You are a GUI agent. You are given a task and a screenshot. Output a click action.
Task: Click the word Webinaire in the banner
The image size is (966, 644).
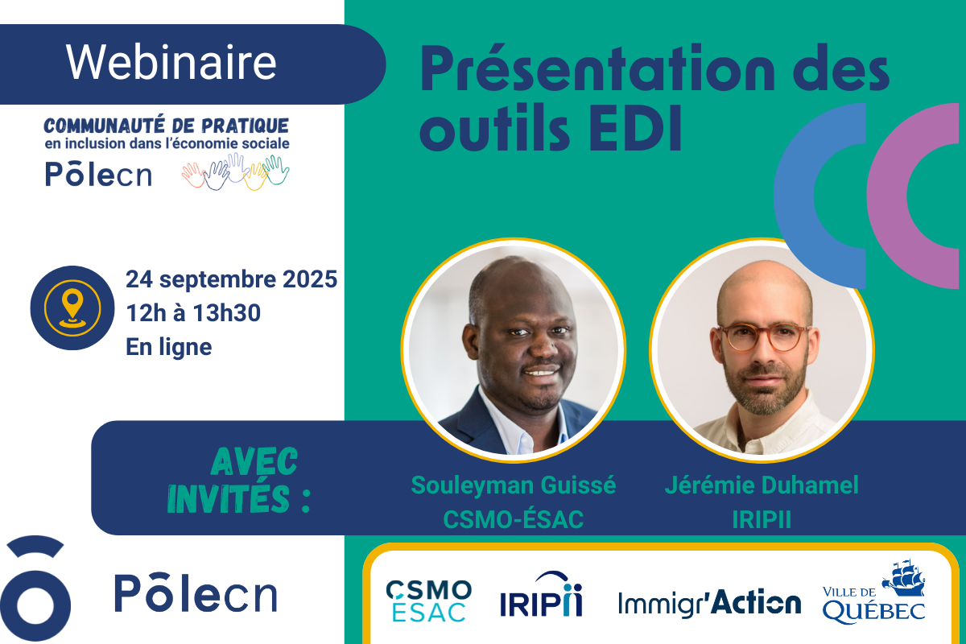pos(171,63)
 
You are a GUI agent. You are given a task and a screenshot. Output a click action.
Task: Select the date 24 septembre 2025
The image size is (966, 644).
pos(231,279)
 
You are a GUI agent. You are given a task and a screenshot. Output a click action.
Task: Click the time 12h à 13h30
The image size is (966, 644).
pos(193,312)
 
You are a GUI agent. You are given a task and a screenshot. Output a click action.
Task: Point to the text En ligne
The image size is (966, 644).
pos(168,347)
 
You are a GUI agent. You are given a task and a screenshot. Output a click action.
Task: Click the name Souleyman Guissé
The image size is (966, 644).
pos(514,485)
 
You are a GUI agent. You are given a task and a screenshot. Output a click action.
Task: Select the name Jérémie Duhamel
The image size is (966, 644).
pos(762,485)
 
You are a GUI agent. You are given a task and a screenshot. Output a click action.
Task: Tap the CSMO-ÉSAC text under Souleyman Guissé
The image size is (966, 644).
pos(514,519)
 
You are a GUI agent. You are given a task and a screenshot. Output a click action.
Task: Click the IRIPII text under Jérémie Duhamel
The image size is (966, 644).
pos(762,519)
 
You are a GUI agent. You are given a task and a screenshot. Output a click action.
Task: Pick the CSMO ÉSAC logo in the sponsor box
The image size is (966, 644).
pos(428,601)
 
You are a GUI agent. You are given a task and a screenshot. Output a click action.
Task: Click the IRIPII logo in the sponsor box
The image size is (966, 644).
pos(541,594)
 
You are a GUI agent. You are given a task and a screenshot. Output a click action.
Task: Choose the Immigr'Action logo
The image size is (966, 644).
pos(709,603)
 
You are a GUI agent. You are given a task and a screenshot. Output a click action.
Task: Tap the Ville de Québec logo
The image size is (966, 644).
pos(873,592)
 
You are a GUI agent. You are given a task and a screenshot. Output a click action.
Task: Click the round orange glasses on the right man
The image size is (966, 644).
pos(763,338)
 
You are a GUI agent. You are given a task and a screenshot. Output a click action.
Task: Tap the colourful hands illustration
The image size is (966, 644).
pos(235,171)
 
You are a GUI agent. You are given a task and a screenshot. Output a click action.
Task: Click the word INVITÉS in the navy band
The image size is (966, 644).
pos(228,498)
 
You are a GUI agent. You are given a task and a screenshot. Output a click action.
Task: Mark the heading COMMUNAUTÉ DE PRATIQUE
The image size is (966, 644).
pos(167,126)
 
